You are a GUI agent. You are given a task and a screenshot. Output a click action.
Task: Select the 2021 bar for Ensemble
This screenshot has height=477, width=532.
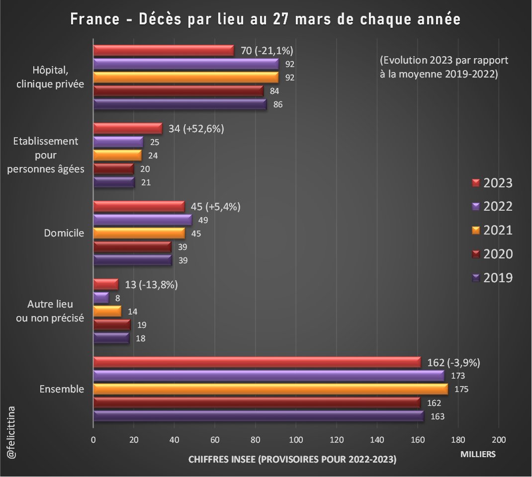point(270,389)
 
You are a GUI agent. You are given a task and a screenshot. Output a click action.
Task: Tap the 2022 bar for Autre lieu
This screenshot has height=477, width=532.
point(101,298)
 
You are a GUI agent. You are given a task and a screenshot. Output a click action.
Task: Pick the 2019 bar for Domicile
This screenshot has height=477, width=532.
point(133,260)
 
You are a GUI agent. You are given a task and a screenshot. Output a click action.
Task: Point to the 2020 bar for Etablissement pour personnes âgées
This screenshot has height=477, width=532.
point(113,169)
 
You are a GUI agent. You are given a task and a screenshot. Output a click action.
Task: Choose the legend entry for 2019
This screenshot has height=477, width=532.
point(492,278)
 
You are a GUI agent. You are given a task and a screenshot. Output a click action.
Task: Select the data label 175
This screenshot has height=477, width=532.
point(457,390)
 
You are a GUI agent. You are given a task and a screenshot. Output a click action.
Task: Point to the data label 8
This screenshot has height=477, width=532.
point(118,298)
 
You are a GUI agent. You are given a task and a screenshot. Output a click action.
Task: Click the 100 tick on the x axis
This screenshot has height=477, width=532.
point(296,439)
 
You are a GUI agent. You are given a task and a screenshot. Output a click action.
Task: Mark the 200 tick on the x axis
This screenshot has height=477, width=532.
point(498,439)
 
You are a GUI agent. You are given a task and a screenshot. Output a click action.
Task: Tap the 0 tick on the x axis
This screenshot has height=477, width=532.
point(93,439)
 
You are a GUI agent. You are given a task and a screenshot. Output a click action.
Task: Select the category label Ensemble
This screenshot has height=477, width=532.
point(62,389)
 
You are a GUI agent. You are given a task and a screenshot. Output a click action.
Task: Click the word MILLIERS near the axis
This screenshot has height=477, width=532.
point(477,454)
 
